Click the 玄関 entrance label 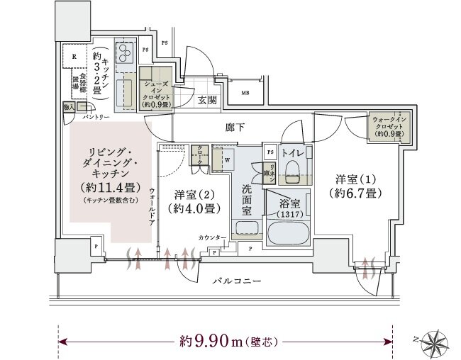coord(207,100)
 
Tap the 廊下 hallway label coord(235,128)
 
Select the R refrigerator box coord(73,56)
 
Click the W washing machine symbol coord(226,159)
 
